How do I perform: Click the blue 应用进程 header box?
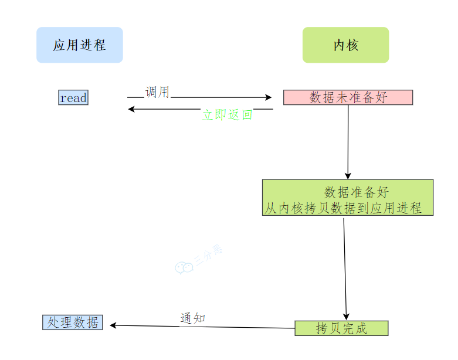80,45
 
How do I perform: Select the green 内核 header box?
345,45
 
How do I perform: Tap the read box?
73,98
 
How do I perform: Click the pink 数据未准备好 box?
348,97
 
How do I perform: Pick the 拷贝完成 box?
341,328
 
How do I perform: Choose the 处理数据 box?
73,322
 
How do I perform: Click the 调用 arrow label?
157,92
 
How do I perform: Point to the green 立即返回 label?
227,115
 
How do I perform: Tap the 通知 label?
192,318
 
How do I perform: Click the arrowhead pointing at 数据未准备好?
269,98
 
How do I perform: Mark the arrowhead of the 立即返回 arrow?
132,109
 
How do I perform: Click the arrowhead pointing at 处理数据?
113,325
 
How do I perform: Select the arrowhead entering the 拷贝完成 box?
346,317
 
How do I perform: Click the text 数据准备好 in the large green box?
356,192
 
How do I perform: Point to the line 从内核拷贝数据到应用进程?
343,208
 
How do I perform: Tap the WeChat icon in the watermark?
184,267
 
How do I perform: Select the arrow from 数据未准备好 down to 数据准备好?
348,141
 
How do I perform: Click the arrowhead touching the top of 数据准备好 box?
348,175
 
